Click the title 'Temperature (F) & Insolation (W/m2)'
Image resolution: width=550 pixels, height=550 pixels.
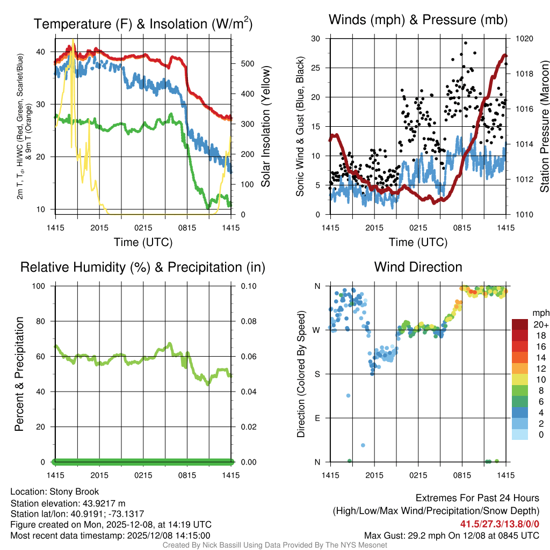(x=143, y=24)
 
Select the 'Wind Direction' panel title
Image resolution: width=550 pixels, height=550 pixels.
(x=418, y=267)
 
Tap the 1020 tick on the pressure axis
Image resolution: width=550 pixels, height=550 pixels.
(x=524, y=39)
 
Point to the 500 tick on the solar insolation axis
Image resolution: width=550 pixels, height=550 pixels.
(x=248, y=63)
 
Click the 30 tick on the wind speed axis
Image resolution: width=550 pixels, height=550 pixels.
(x=316, y=39)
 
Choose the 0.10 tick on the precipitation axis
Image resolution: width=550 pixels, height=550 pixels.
(x=248, y=286)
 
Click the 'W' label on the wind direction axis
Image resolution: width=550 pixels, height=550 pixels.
(x=317, y=330)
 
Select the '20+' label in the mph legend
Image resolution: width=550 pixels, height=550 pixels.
(x=540, y=324)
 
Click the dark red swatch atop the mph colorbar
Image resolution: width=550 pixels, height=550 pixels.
(x=520, y=324)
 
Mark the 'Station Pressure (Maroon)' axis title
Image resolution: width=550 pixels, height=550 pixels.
(x=544, y=126)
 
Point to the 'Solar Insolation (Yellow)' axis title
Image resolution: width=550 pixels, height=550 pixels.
(x=265, y=126)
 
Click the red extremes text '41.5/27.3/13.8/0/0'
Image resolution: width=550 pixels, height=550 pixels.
(x=500, y=524)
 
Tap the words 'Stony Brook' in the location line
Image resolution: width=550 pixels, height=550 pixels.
(x=74, y=491)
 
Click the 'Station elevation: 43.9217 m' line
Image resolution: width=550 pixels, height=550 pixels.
(x=68, y=503)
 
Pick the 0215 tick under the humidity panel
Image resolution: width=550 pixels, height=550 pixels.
(x=143, y=475)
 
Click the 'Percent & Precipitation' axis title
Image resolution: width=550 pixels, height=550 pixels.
(x=19, y=374)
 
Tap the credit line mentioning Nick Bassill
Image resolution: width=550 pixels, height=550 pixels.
(x=275, y=545)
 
